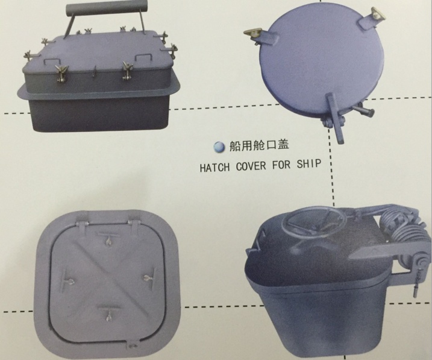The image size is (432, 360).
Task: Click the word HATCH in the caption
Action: click(214, 167)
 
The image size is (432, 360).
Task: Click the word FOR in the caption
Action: click(281, 165)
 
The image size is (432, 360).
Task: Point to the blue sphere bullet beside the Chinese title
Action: click(220, 147)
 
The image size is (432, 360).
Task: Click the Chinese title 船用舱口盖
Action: click(259, 145)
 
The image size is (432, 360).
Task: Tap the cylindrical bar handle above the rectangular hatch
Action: click(107, 8)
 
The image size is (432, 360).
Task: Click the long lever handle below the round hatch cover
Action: click(335, 118)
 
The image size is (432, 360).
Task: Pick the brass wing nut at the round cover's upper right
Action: click(378, 14)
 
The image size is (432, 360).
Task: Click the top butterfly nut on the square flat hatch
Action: click(108, 241)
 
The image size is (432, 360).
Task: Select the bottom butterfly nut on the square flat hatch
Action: click(108, 315)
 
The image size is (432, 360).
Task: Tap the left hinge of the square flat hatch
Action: click(83, 225)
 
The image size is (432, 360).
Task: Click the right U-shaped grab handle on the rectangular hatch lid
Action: click(143, 57)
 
